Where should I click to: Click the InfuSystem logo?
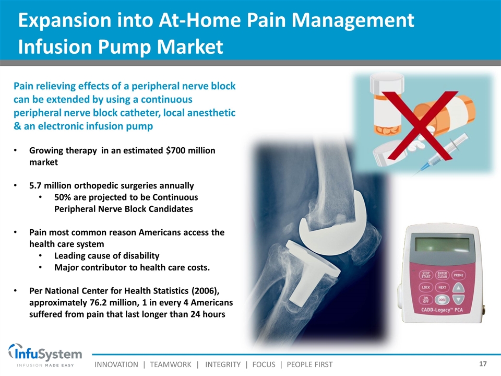(45, 355)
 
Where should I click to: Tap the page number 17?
(483, 364)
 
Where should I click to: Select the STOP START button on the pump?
(426, 275)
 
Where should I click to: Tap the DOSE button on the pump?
(442, 300)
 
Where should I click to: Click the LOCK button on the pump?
(426, 287)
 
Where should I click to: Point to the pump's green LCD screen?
(442, 245)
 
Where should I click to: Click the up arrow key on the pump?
(459, 287)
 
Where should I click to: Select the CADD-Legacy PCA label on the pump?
(442, 310)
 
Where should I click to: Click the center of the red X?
(419, 125)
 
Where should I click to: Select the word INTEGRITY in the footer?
(223, 365)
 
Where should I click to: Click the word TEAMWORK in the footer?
(171, 365)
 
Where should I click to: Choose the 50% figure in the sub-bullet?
(62, 197)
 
